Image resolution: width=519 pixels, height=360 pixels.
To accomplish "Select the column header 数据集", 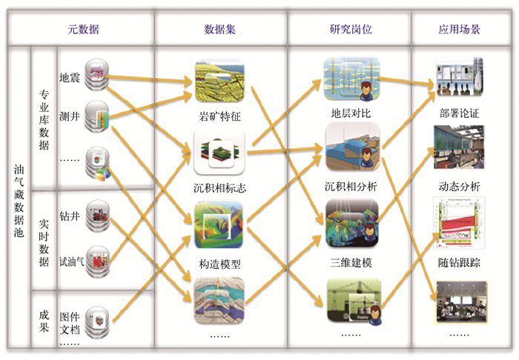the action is click(x=220, y=30).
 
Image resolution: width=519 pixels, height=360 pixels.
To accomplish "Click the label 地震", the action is click(x=70, y=76).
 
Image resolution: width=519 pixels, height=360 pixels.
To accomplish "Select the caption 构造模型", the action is click(x=219, y=262).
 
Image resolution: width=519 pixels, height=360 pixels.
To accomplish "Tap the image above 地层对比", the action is click(x=351, y=80).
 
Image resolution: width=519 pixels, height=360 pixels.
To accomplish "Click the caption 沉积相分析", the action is click(x=351, y=186).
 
